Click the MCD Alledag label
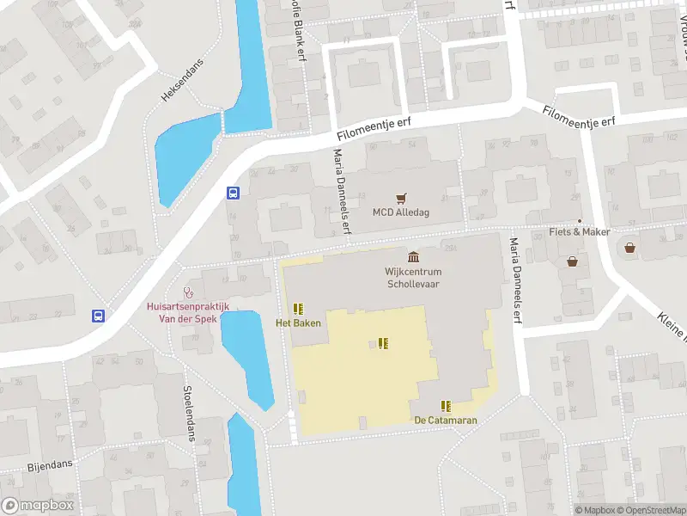point(400,212)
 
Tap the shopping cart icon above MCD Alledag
point(400,198)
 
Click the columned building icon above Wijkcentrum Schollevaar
point(414,257)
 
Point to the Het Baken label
point(298,323)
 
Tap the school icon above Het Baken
point(298,309)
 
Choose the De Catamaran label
point(445,421)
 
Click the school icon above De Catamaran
point(445,406)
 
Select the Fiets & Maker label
point(579,232)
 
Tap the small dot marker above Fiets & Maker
point(579,221)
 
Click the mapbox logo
point(38,506)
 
